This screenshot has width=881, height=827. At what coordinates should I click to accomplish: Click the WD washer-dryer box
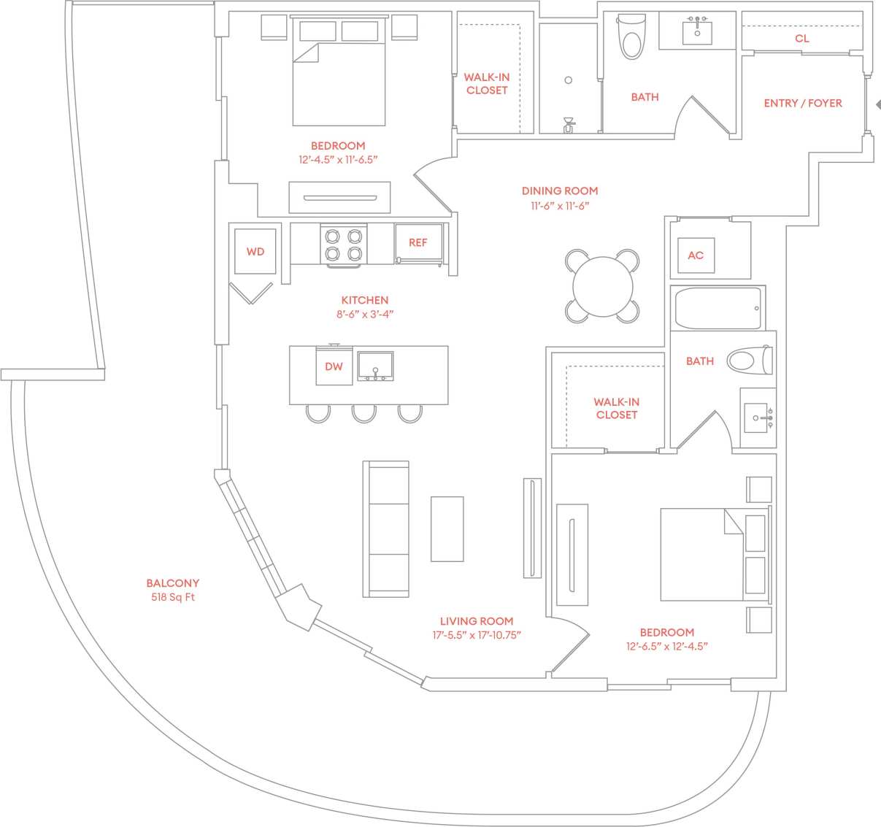click(255, 252)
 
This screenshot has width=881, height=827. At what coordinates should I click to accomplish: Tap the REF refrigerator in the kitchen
click(418, 242)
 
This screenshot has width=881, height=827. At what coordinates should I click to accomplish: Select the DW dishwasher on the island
click(334, 366)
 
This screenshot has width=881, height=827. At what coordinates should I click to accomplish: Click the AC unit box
click(696, 255)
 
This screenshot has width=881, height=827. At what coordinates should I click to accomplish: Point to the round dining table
click(602, 286)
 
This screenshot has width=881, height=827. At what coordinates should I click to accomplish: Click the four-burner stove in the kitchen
click(343, 245)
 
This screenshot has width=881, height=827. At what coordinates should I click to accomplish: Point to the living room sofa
click(386, 528)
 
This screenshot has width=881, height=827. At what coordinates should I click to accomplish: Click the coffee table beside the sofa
click(447, 528)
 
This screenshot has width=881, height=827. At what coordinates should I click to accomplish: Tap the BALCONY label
click(172, 583)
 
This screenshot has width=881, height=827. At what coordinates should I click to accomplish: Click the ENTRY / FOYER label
click(803, 104)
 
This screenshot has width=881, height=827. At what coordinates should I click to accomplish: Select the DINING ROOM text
click(560, 191)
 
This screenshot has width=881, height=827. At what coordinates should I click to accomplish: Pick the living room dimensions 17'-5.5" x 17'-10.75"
click(477, 636)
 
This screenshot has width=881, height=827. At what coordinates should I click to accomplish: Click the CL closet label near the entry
click(802, 39)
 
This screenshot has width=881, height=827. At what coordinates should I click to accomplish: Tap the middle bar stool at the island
click(364, 414)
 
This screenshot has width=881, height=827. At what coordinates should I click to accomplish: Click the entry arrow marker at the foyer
click(877, 105)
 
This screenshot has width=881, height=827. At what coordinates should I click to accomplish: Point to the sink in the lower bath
click(756, 418)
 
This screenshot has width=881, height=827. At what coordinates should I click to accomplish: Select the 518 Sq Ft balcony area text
click(172, 597)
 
